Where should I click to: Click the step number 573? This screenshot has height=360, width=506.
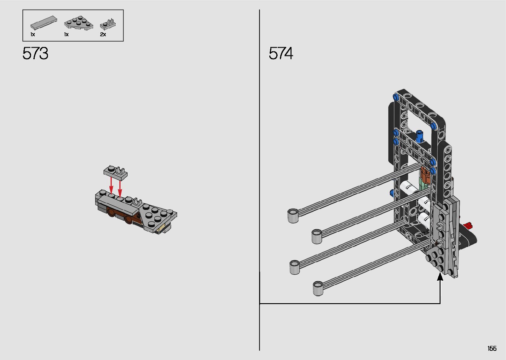click(x=35, y=54)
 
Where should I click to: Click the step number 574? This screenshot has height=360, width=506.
click(x=281, y=54)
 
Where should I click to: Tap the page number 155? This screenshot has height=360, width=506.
click(x=492, y=348)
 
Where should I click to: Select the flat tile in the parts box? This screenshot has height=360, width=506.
click(x=44, y=22)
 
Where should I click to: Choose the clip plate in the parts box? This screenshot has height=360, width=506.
click(x=108, y=24)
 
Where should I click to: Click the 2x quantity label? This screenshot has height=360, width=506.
click(x=103, y=34)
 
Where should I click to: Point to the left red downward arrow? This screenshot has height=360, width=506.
click(x=111, y=186)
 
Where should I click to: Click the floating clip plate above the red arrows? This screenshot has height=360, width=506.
click(x=115, y=173)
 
